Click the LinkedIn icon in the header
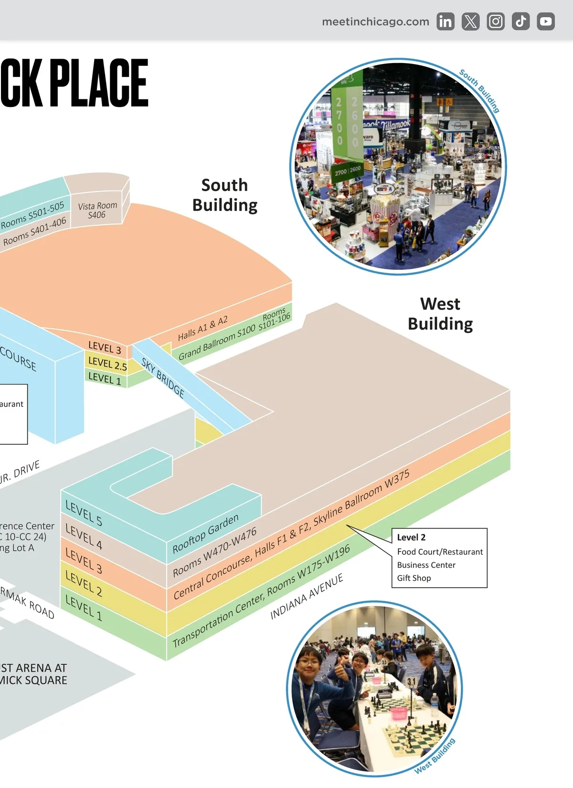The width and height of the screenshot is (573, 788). click(445, 21)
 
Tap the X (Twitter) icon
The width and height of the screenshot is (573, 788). click(470, 21)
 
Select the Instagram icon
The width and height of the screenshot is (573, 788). click(496, 21)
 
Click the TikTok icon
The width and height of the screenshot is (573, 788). click(520, 21)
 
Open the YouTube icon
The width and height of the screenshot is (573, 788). click(545, 21)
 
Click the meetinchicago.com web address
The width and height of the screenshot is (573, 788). click(375, 21)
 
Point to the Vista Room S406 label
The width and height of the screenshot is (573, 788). click(97, 210)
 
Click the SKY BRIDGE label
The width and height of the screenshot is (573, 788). click(163, 378)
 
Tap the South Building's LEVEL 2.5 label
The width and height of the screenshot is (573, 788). click(107, 364)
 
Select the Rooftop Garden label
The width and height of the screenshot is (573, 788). click(205, 533)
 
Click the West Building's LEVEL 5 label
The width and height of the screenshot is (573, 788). click(84, 513)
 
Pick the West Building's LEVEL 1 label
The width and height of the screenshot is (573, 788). click(84, 608)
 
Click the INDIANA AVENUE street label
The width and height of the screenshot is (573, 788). click(307, 596)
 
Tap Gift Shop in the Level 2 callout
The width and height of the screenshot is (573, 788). click(414, 578)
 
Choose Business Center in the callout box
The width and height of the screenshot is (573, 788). click(426, 565)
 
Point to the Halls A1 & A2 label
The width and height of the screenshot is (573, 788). click(202, 328)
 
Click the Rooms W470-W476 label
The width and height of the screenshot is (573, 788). click(214, 552)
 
